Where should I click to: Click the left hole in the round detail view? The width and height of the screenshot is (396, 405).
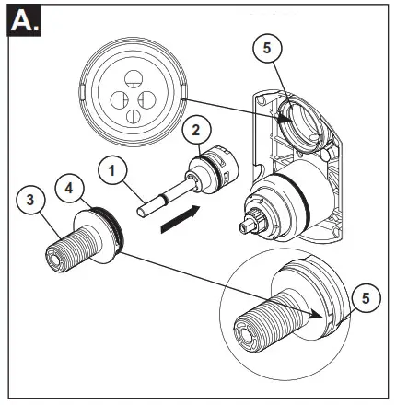[x=120, y=99]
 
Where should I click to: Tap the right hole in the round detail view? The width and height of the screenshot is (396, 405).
[x=149, y=98]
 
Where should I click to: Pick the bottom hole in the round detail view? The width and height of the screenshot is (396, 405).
[x=135, y=116]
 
